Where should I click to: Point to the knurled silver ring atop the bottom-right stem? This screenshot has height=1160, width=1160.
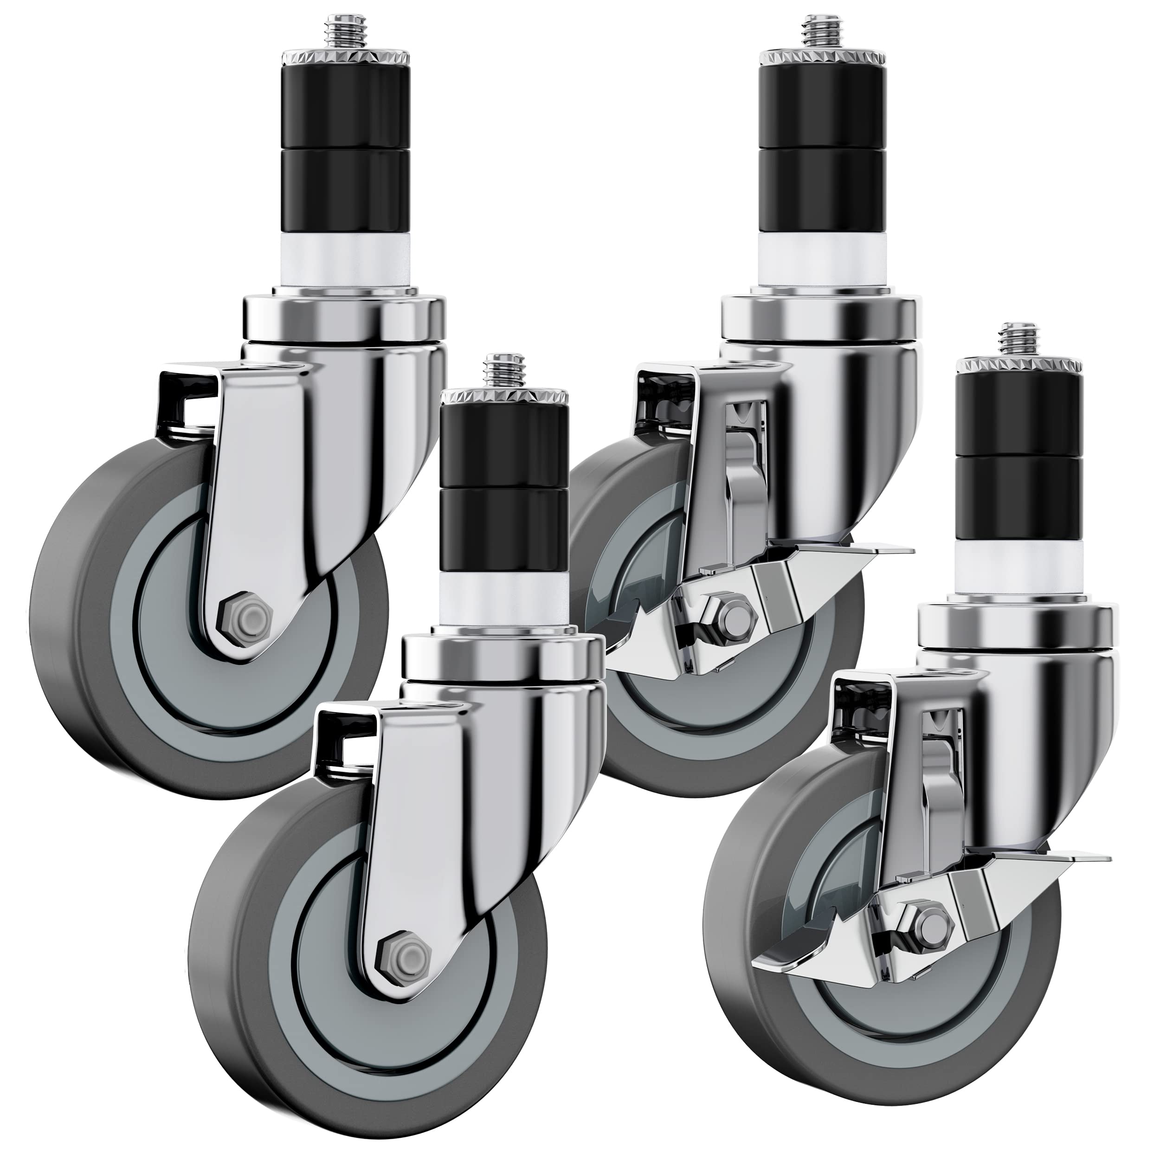(1018, 366)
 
